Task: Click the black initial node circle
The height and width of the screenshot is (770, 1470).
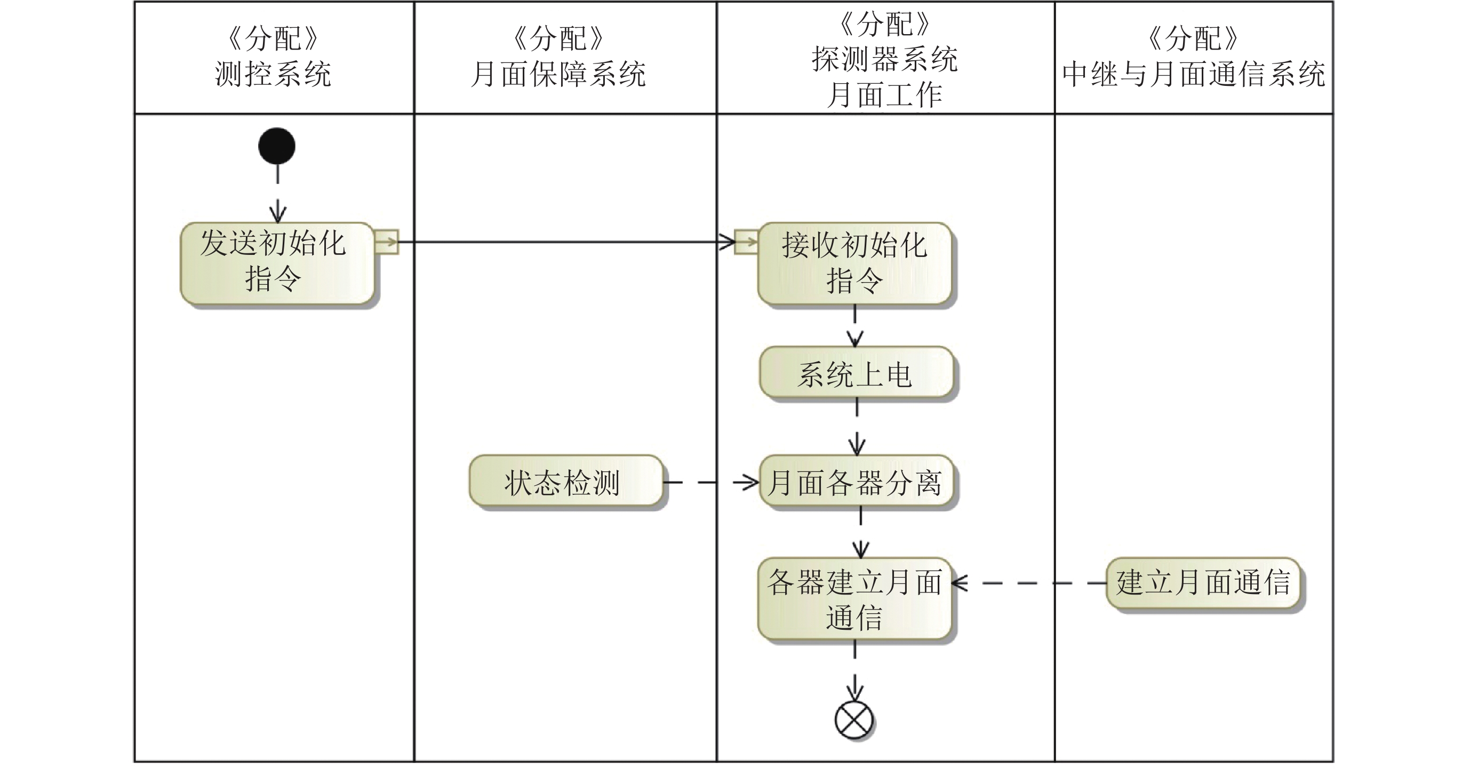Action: (x=277, y=146)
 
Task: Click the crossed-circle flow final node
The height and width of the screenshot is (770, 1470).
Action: (x=854, y=720)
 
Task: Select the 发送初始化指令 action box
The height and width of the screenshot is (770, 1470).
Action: (x=277, y=263)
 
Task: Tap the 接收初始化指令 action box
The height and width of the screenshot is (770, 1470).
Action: (x=854, y=263)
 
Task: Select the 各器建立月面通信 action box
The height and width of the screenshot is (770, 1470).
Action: (x=854, y=598)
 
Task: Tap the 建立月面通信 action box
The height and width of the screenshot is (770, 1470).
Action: (x=1203, y=583)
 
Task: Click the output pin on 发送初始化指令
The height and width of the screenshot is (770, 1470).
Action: (x=386, y=242)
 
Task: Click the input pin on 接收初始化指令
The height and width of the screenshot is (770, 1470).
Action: (x=746, y=242)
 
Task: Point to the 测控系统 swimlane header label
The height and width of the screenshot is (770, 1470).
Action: (x=273, y=74)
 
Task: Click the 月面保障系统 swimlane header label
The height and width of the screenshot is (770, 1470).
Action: (x=558, y=74)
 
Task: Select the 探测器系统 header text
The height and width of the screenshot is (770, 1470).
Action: (x=884, y=59)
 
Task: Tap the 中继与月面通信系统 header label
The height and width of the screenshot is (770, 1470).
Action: (x=1193, y=74)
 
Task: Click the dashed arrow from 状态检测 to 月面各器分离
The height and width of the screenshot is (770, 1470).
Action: (x=710, y=483)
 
